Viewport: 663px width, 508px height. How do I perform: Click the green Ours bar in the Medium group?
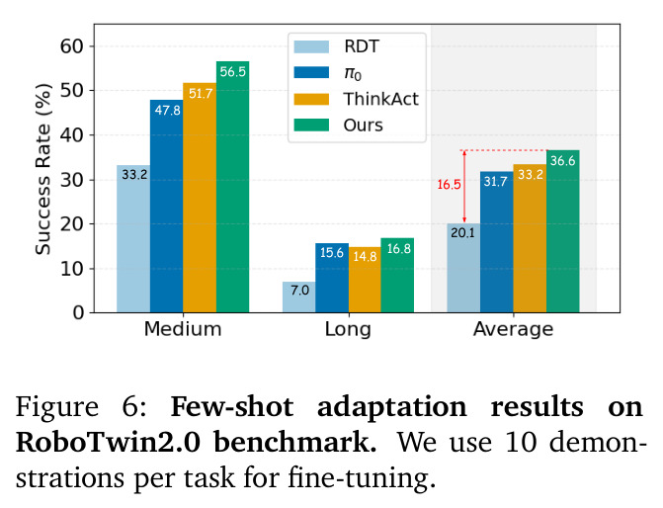[x=232, y=187]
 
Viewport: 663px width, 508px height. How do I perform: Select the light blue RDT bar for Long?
[x=299, y=297]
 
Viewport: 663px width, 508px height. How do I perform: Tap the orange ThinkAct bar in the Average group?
[x=530, y=238]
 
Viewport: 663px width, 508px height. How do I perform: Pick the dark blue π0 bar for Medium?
[x=167, y=207]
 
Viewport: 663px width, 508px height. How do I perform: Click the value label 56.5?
[x=232, y=72]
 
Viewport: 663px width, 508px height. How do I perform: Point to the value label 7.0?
[x=299, y=291]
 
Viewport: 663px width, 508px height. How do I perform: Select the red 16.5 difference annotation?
[x=449, y=185]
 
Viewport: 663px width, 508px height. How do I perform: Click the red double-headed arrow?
[x=464, y=187]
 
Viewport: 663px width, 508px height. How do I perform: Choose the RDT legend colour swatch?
[x=311, y=46]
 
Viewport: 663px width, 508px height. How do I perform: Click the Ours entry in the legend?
[x=339, y=126]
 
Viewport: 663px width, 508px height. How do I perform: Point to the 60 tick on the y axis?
[x=72, y=46]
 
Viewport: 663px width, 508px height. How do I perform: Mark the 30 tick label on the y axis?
[x=72, y=180]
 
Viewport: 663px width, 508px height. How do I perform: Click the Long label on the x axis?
[x=348, y=329]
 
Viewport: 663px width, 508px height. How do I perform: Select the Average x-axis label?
[x=514, y=329]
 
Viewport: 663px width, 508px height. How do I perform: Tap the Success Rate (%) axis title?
[x=42, y=169]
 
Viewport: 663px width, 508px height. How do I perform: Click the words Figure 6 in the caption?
[x=81, y=407]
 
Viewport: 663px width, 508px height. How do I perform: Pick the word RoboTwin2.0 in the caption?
[x=109, y=443]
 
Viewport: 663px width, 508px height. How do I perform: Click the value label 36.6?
[x=563, y=161]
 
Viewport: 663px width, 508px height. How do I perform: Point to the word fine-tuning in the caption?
[x=362, y=478]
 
